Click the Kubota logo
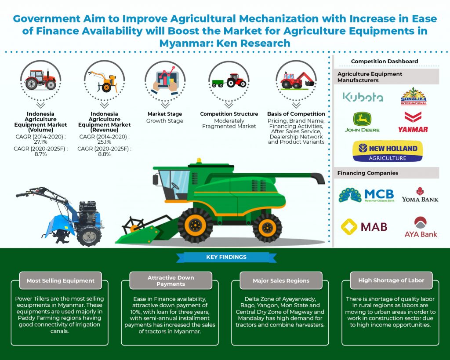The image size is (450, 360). tap(363, 97)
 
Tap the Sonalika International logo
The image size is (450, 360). tap(414, 96)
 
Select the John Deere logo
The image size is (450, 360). tap(362, 122)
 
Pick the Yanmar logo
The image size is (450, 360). tap(413, 122)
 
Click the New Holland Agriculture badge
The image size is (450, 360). tap(388, 151)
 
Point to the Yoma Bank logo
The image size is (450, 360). tap(420, 195)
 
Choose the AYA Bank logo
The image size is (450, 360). tap(421, 227)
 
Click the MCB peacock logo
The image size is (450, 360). tap(367, 195)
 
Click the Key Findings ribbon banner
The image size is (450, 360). tap(226, 257)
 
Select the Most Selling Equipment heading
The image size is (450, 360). tap(61, 280)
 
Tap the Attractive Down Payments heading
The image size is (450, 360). tap(171, 280)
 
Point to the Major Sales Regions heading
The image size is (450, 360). tap(281, 280)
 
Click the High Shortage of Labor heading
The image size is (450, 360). tap(391, 280)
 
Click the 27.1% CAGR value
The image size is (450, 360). tap(40, 142)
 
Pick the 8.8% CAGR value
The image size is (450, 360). tap(104, 154)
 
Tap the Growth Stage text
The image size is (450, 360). tap(165, 121)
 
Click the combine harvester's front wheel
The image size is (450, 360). tap(196, 225)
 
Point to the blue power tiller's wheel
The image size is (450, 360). tap(89, 235)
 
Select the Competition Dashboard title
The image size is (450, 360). tap(384, 62)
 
